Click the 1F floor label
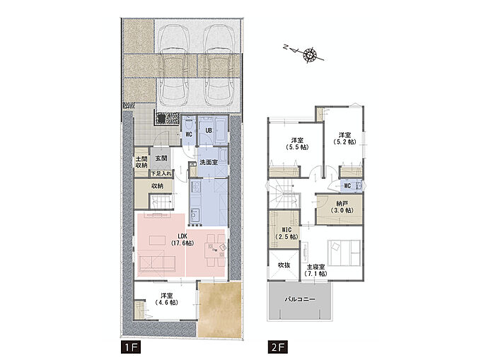pyautogui.click(x=130, y=348)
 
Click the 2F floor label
pyautogui.click(x=277, y=348)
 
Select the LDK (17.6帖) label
pyautogui.click(x=182, y=239)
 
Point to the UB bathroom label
pyautogui.click(x=209, y=131)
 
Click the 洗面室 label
pyautogui.click(x=209, y=162)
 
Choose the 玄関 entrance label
pyautogui.click(x=161, y=158)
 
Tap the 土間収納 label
pyautogui.click(x=141, y=162)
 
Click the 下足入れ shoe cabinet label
pyautogui.click(x=161, y=173)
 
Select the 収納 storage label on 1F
pyautogui.click(x=157, y=186)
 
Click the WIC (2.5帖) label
pyautogui.click(x=286, y=233)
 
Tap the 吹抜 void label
pyautogui.click(x=284, y=265)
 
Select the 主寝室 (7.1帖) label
pyautogui.click(x=316, y=270)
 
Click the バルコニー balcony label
pyautogui.click(x=300, y=299)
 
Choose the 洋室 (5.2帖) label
pyautogui.click(x=344, y=139)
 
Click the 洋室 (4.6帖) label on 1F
pyautogui.click(x=166, y=298)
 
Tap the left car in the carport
pyautogui.click(x=174, y=66)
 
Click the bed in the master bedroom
pyautogui.click(x=344, y=252)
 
